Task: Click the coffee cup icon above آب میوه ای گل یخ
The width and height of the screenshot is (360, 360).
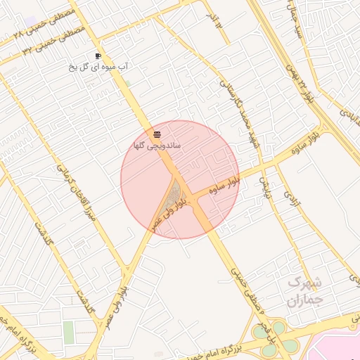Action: pyautogui.click(x=98, y=56)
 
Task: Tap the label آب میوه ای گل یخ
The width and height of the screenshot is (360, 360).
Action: pyautogui.click(x=98, y=66)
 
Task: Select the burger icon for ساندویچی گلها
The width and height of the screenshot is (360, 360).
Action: pyautogui.click(x=157, y=134)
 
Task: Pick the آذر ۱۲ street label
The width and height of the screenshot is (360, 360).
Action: pyautogui.click(x=214, y=20)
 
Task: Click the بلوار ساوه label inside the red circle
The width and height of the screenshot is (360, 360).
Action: pyautogui.click(x=224, y=186)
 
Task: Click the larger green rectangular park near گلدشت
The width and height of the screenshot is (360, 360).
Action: pyautogui.click(x=68, y=332)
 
